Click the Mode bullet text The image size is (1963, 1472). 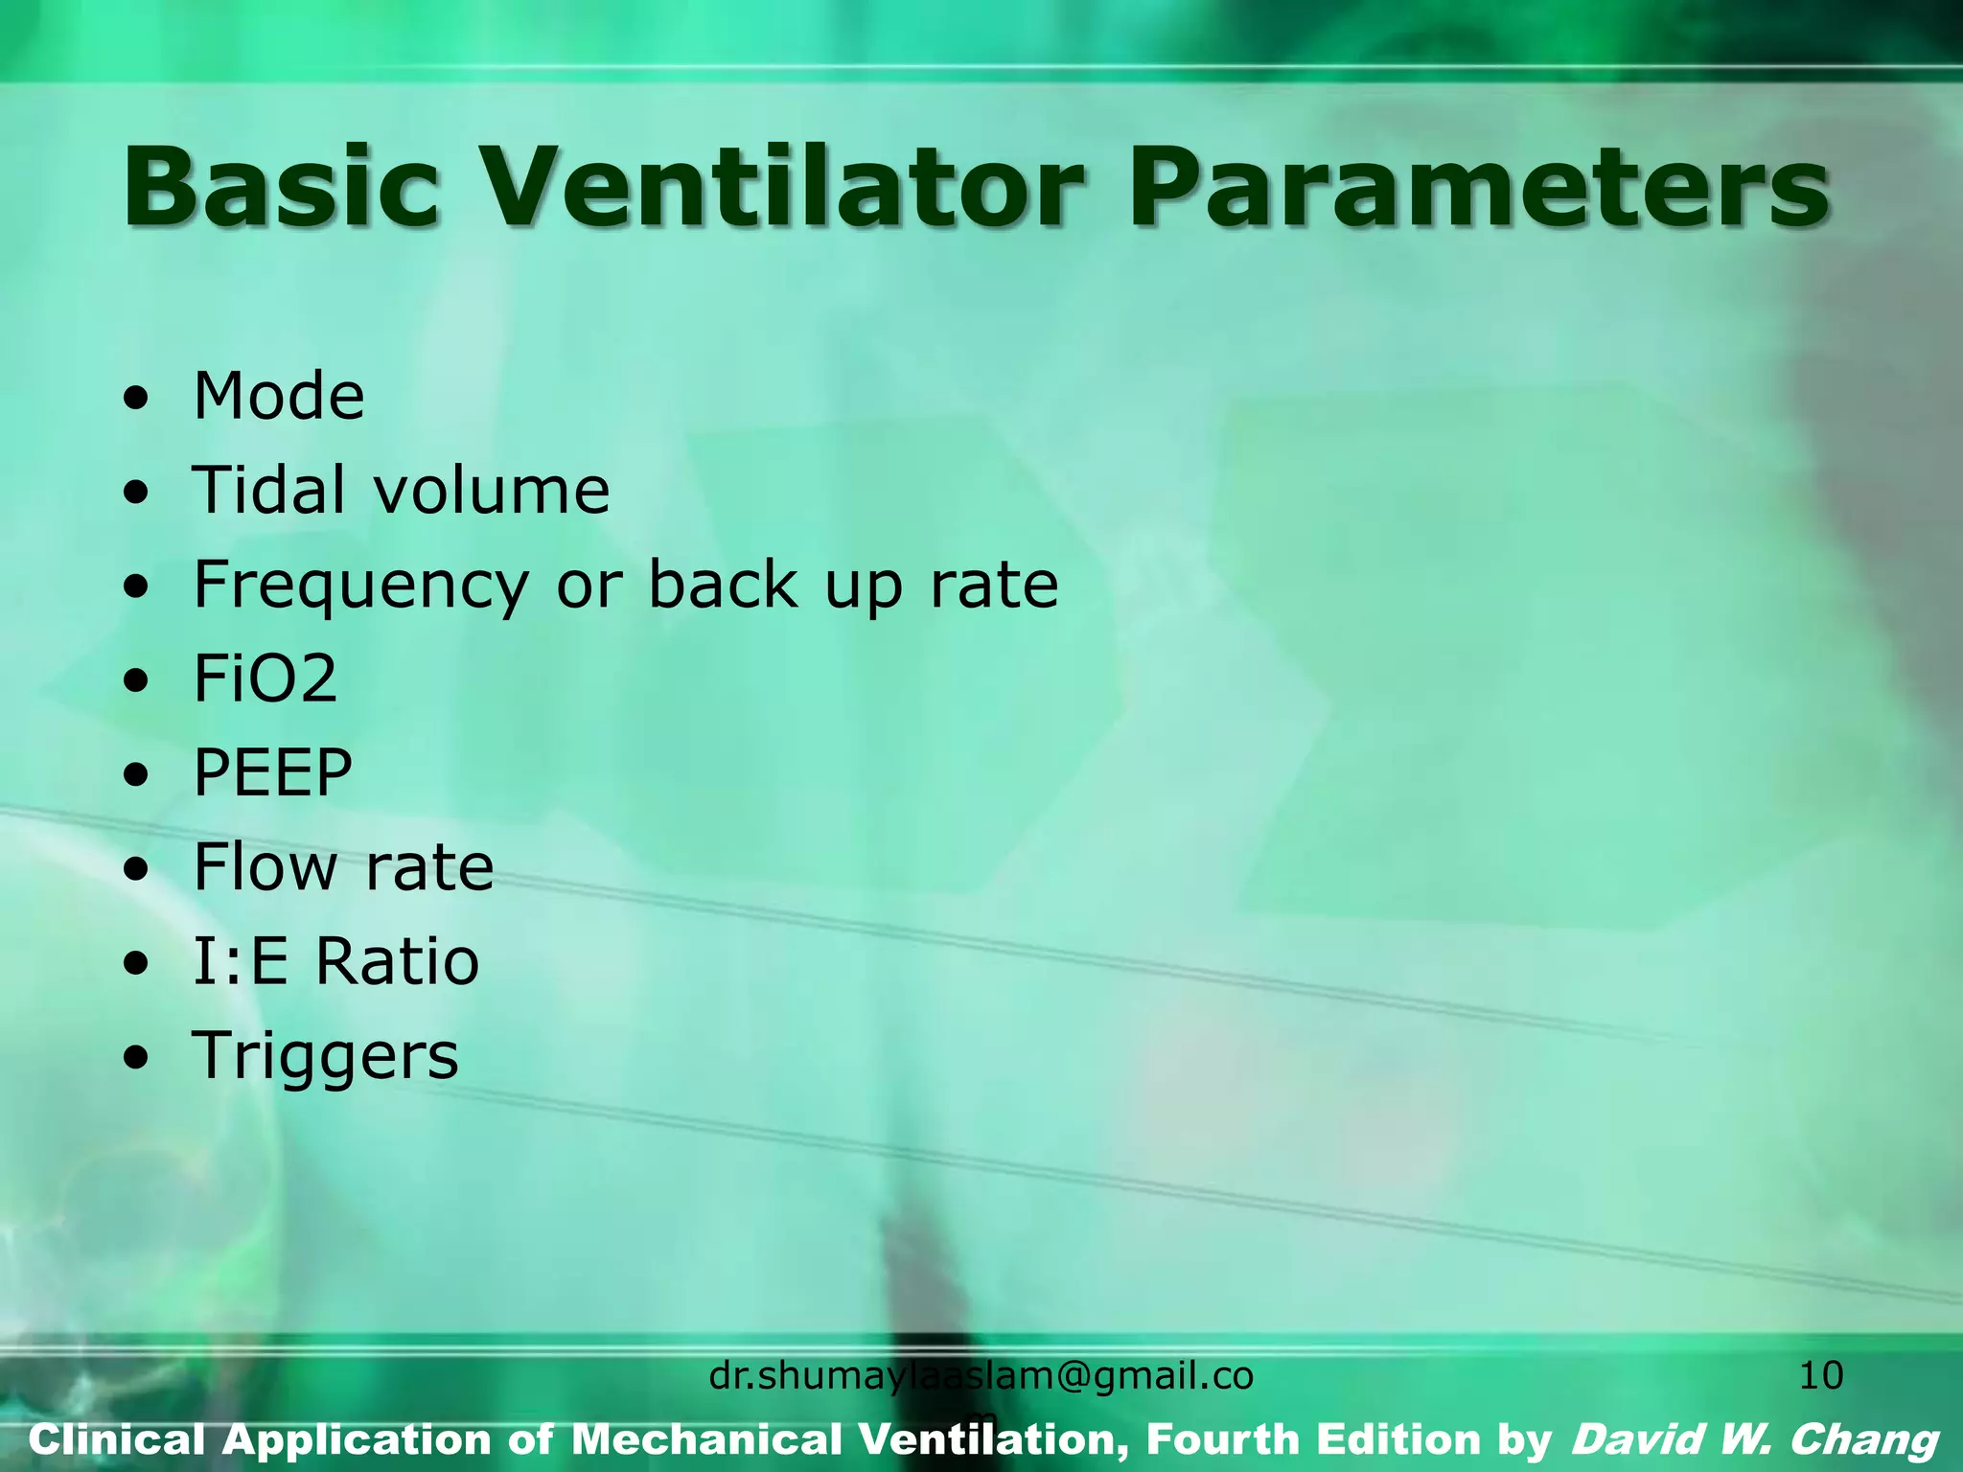(x=279, y=396)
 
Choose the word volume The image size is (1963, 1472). (x=491, y=490)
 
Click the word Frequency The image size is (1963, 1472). (x=361, y=586)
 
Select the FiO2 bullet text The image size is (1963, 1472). (x=266, y=678)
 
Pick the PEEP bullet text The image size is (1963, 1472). (x=273, y=772)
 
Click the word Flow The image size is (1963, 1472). (x=265, y=866)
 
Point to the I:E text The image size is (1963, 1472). (x=241, y=961)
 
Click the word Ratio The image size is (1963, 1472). (x=397, y=961)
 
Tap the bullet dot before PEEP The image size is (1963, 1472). (x=137, y=774)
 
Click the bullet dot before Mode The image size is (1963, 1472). (x=137, y=398)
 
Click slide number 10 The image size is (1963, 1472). (x=1820, y=1376)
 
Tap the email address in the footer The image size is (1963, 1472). (x=981, y=1377)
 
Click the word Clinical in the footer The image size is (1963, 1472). (x=117, y=1440)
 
